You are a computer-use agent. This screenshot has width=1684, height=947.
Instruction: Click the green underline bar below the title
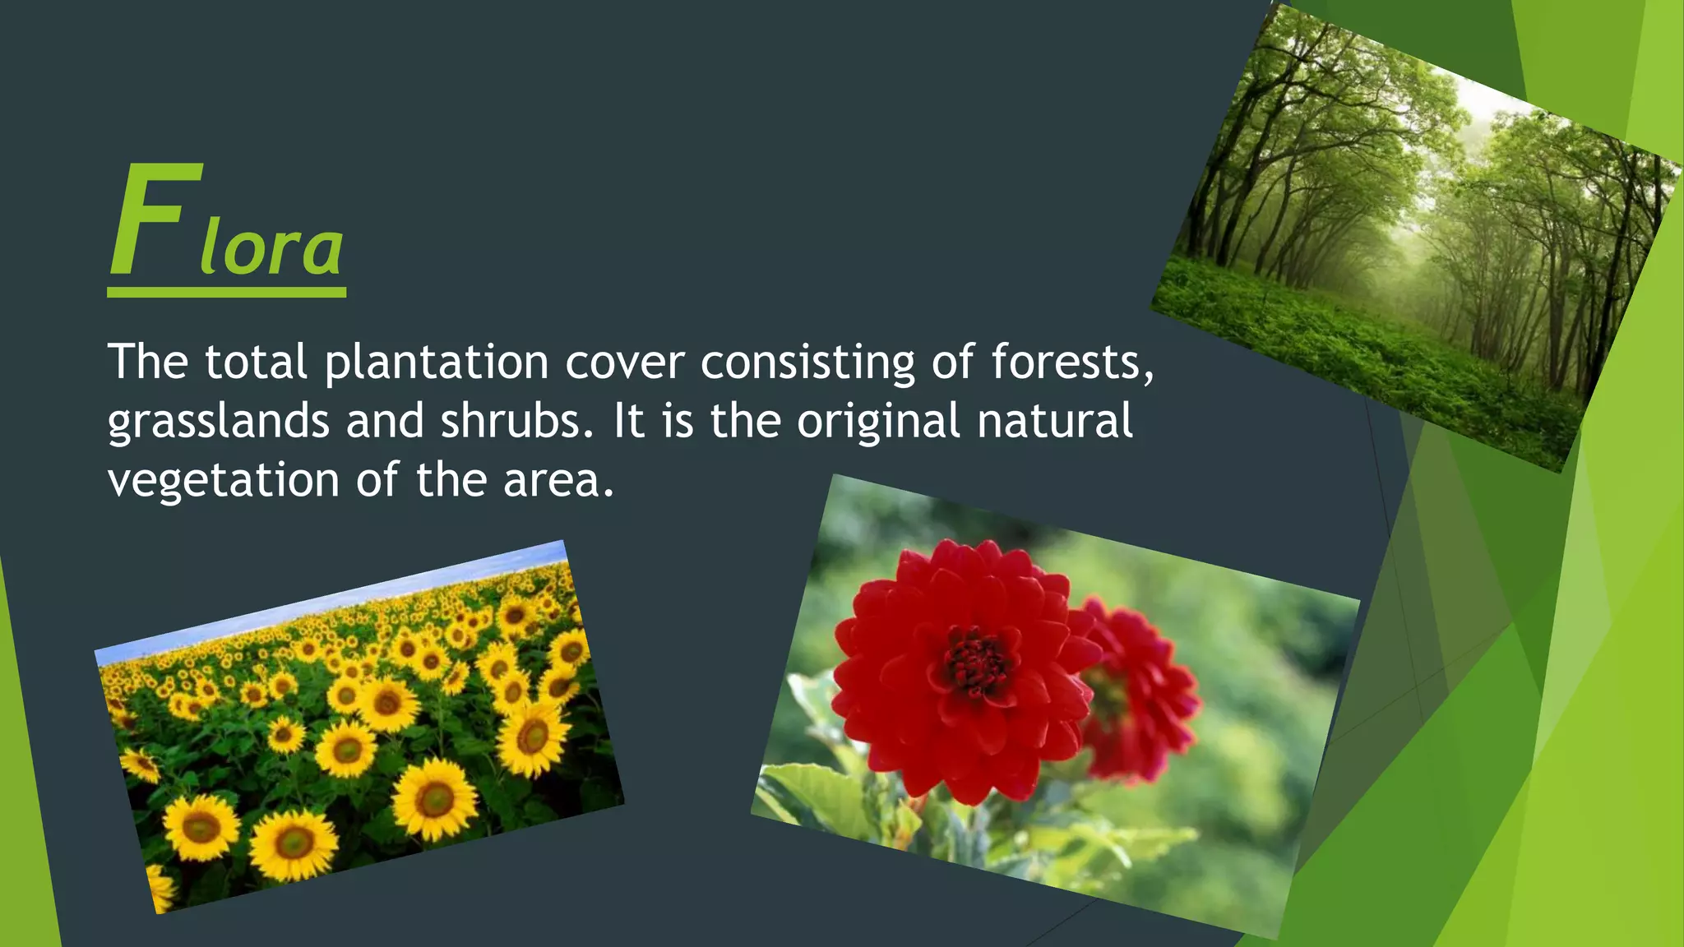pos(226,292)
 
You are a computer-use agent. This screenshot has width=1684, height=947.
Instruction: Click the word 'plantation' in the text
pos(437,363)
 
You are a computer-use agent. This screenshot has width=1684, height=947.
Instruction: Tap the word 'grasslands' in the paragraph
pos(218,422)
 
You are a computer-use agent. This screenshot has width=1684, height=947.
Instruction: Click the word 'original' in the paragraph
pos(878,422)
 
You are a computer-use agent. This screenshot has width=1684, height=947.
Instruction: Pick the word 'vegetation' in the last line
pos(223,481)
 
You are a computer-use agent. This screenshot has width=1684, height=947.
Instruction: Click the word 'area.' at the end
pos(559,480)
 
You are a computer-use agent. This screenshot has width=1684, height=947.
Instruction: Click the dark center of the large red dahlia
pos(976,663)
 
